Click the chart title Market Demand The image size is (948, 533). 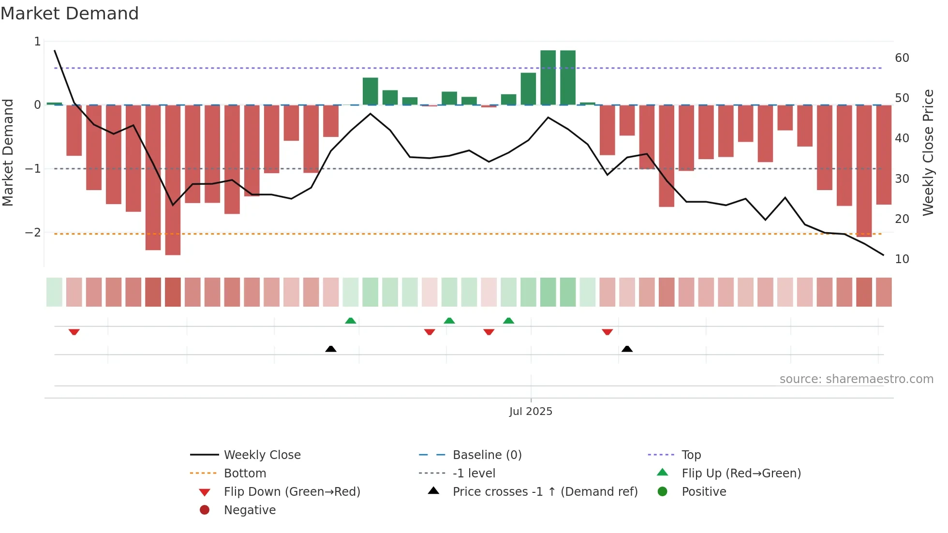pos(70,14)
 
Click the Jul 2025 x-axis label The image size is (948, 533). pos(531,412)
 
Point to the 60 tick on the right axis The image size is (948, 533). pos(902,58)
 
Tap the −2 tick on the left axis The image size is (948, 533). pos(33,233)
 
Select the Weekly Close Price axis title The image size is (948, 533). pos(928,152)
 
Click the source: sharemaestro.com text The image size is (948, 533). pos(856,379)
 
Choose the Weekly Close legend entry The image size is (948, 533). pos(262,455)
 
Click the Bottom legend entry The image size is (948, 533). pos(245,474)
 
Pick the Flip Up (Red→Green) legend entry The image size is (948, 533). pos(741,474)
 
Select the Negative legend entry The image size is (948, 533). pos(250,510)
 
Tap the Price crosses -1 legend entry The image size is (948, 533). pos(545,492)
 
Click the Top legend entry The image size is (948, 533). pos(691,455)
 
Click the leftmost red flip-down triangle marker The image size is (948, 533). pos(74,332)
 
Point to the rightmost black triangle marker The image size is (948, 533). pos(627,349)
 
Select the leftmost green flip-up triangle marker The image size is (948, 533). pos(351,321)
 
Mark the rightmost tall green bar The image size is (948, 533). pos(568,77)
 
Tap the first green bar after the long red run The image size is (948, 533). pos(370,91)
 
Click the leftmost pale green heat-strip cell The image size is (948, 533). pos(54,292)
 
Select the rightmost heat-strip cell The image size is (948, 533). pos(884,292)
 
